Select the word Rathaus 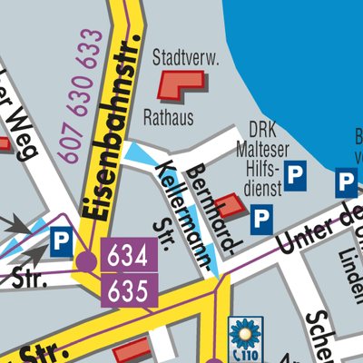tap(169, 116)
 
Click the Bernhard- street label tap(207, 192)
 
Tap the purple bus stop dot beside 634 tap(85, 262)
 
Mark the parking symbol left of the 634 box tap(61, 242)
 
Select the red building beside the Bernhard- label tap(233, 205)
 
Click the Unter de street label tap(318, 227)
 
